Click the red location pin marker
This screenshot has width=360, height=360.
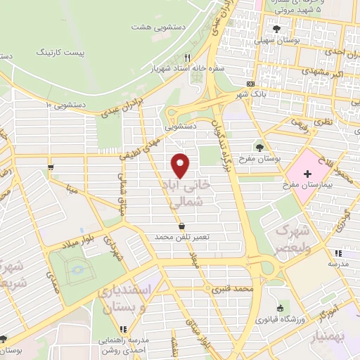coord(181,165)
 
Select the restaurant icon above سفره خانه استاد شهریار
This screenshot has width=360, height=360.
coord(188,58)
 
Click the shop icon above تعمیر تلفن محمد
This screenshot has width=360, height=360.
coord(183,226)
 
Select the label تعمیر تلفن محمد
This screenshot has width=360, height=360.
coord(183,238)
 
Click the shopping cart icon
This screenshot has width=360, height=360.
coord(51,167)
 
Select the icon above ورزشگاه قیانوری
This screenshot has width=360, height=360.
coord(281,307)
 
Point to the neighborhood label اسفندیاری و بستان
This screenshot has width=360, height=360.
coord(127,298)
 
